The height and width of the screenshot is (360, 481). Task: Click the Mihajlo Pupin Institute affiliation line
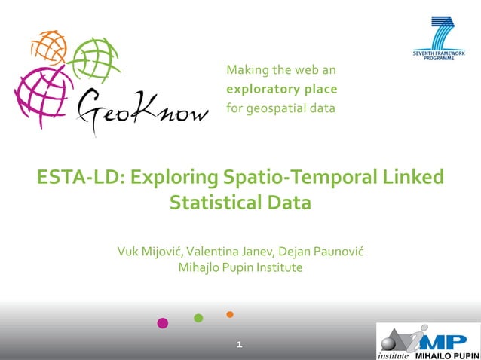pos(240,267)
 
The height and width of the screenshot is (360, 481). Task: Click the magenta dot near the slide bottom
pos(162,323)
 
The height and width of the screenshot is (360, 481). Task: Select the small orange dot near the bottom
pos(230,314)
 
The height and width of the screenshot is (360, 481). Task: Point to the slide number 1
pos(239,345)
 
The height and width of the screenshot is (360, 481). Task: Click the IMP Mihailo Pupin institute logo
pos(428,341)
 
